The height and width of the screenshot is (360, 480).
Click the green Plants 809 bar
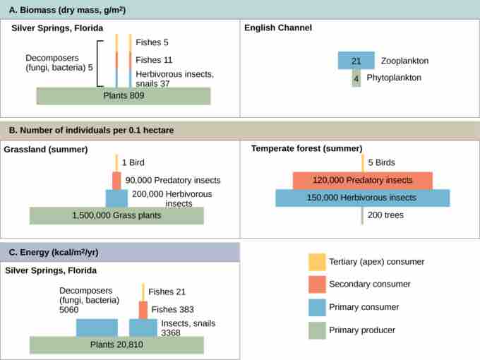(124, 96)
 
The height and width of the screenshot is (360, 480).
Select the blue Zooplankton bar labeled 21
(356, 61)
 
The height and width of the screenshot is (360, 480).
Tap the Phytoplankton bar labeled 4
(356, 78)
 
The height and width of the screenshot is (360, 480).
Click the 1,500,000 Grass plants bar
(116, 215)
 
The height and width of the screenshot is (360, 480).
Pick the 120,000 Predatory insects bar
(362, 181)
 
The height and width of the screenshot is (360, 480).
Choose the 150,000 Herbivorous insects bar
(362, 198)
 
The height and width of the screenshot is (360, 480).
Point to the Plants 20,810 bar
(116, 344)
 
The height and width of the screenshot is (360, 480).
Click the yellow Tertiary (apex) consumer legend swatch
(317, 262)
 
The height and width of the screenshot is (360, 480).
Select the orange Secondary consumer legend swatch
(317, 284)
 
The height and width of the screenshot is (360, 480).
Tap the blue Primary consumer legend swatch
(317, 307)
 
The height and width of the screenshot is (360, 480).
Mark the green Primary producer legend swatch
(317, 330)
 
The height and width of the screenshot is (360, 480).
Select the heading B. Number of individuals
(91, 131)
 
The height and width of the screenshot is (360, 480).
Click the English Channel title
(278, 28)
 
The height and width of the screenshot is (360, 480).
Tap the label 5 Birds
(381, 162)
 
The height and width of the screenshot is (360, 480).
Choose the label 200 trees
(385, 215)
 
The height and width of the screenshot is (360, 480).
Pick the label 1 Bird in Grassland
(134, 162)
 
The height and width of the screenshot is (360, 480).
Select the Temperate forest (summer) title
(306, 148)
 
